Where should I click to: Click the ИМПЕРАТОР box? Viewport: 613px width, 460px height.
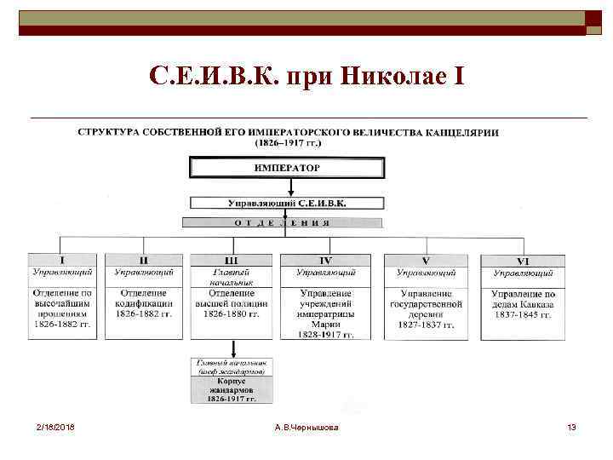point(287,168)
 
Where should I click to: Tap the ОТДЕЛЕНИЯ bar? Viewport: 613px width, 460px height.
point(281,222)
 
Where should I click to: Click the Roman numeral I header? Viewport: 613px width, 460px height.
point(61,260)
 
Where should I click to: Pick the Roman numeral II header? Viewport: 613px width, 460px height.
point(144,260)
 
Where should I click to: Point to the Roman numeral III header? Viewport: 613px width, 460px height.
point(231,260)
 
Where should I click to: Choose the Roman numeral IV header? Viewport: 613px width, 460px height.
point(325,260)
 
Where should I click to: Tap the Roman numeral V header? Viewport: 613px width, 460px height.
point(426,260)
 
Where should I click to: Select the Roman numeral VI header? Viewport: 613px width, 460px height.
point(523,260)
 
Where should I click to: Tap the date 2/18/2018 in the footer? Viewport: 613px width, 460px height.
point(55,426)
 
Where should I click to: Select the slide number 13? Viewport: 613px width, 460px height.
point(571,426)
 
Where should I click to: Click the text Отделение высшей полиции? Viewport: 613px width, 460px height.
point(231,298)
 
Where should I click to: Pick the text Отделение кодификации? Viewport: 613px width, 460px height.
point(144,298)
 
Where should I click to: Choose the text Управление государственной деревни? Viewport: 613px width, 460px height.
point(426,303)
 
